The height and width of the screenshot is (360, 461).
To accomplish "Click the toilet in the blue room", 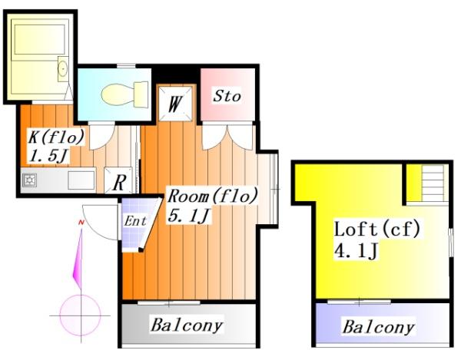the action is pyautogui.click(x=124, y=94).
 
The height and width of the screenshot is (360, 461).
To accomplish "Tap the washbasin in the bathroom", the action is pyautogui.click(x=63, y=68).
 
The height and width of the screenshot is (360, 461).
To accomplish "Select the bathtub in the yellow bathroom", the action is pyautogui.click(x=40, y=39).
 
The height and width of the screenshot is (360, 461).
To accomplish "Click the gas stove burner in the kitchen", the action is pyautogui.click(x=29, y=180).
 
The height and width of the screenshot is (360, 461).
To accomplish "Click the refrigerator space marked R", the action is pyautogui.click(x=118, y=180).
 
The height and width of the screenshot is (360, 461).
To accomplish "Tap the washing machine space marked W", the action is pyautogui.click(x=175, y=104).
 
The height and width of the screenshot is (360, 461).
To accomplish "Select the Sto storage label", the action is pyautogui.click(x=227, y=96).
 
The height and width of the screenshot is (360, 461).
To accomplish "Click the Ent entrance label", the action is pyautogui.click(x=135, y=221).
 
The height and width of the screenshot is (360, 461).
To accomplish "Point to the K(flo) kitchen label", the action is pyautogui.click(x=56, y=137).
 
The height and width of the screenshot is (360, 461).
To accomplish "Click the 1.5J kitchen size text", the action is pyautogui.click(x=48, y=157).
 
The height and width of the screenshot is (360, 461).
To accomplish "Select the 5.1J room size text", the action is pyautogui.click(x=189, y=216).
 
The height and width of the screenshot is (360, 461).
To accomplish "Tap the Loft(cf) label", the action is pyautogui.click(x=377, y=229).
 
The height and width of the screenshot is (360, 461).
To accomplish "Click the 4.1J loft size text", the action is pyautogui.click(x=356, y=250).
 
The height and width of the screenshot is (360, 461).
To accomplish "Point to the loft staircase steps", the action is pyautogui.click(x=433, y=183).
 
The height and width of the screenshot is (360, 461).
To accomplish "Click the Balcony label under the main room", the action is pyautogui.click(x=187, y=325).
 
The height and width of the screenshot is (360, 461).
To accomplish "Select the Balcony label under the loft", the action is pyautogui.click(x=379, y=326).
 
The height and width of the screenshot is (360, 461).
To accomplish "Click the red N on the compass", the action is pyautogui.click(x=81, y=223).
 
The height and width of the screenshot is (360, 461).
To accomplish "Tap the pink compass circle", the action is pyautogui.click(x=80, y=315).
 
